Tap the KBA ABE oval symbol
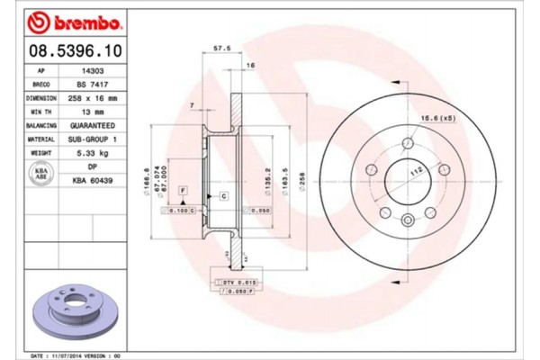pyautogui.click(x=40, y=175)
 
